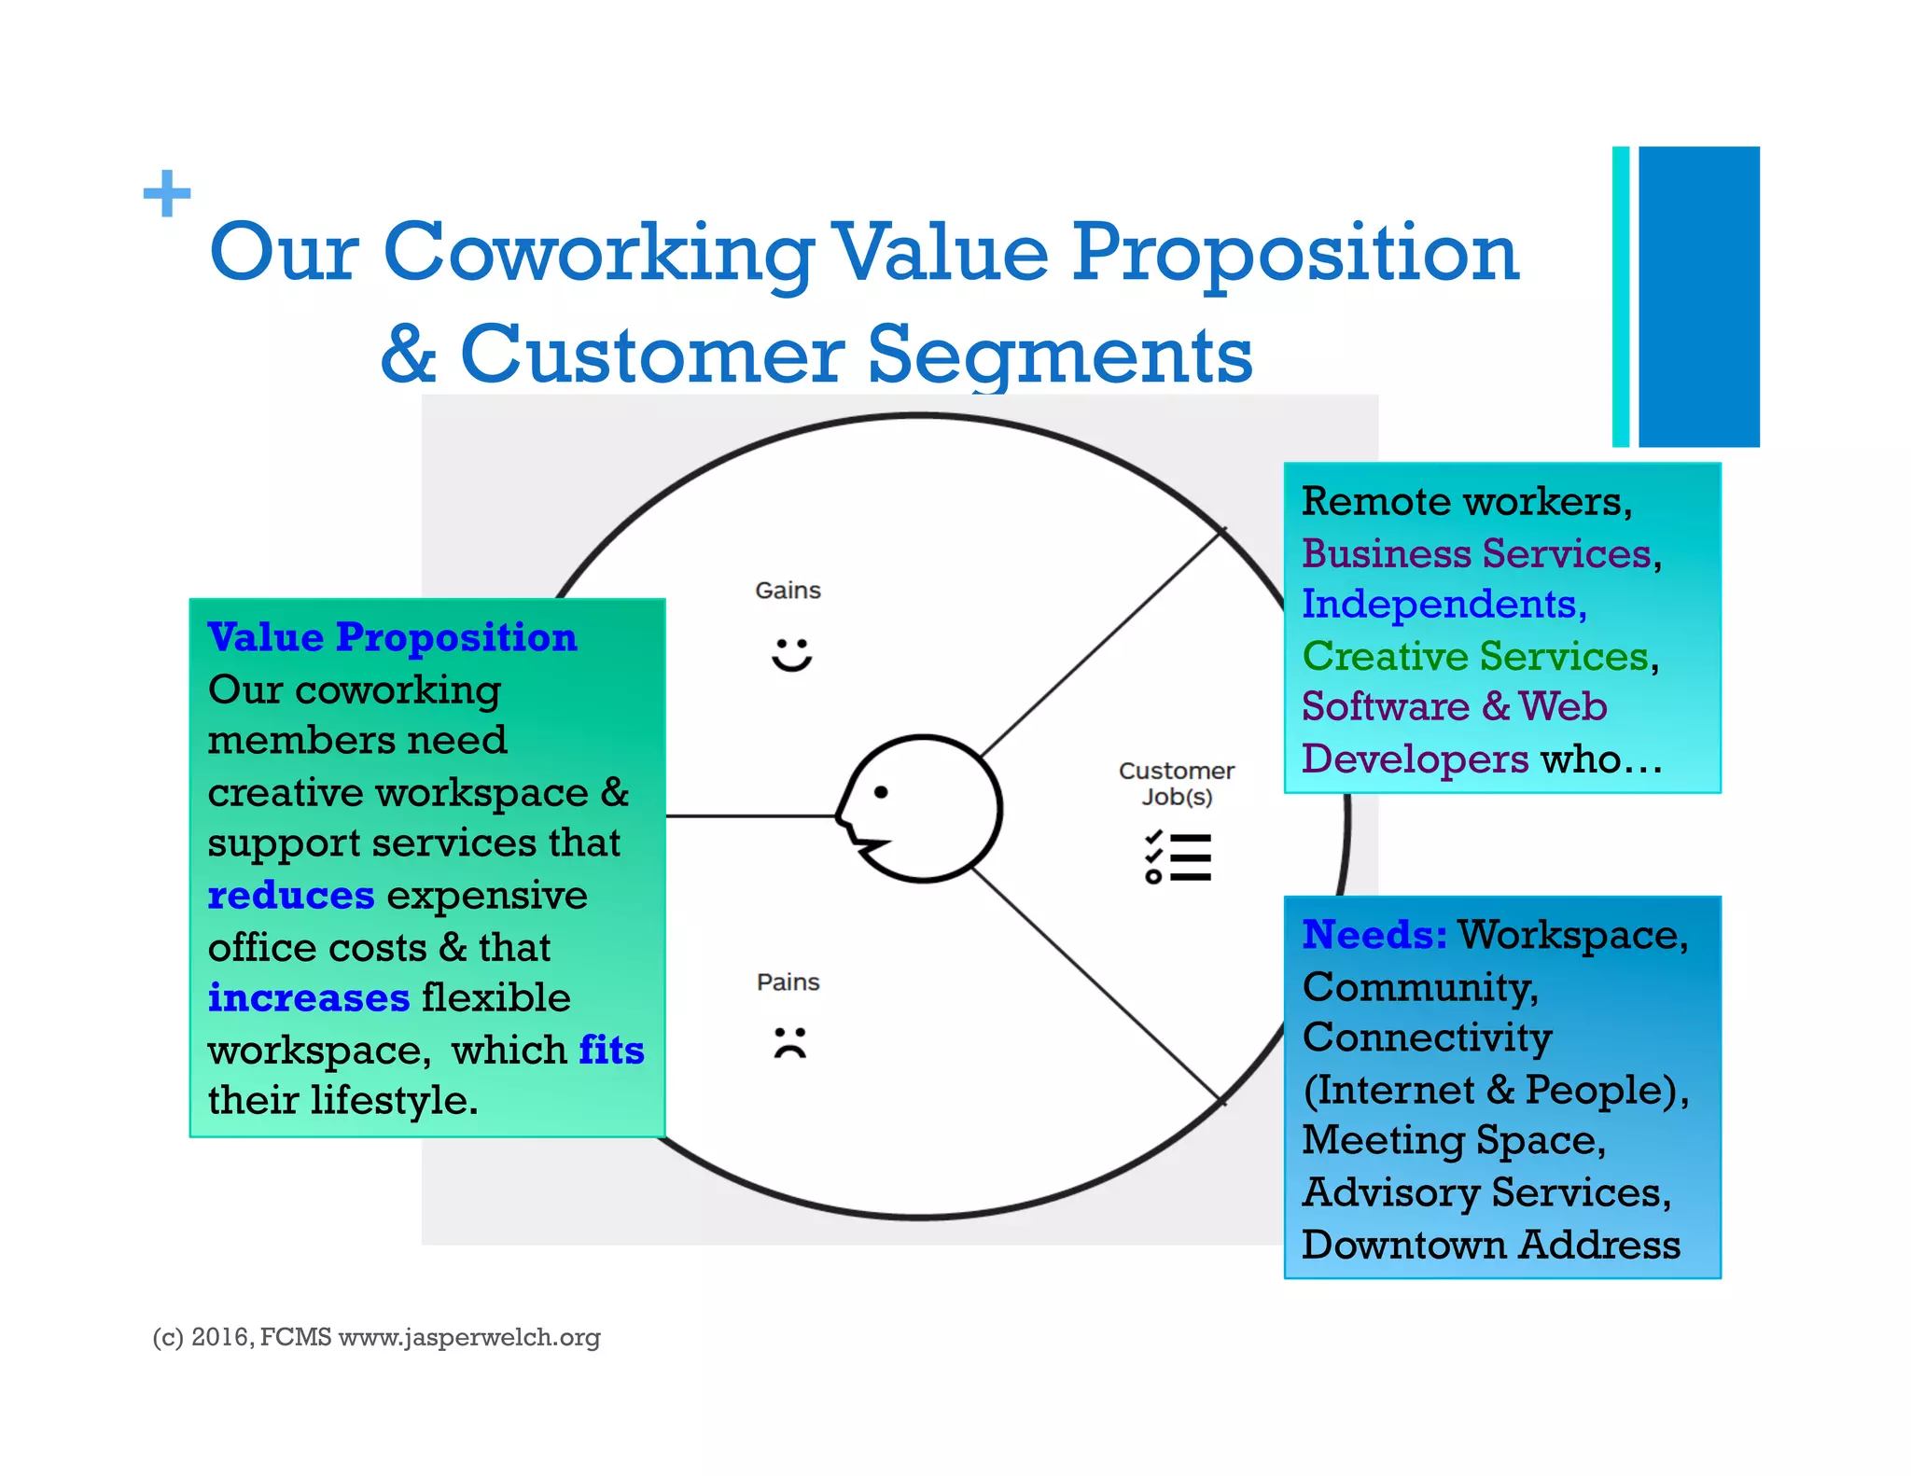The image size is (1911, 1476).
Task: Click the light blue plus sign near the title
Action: [167, 193]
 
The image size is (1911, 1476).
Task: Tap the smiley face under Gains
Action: [791, 654]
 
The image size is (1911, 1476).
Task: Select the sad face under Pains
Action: [789, 1042]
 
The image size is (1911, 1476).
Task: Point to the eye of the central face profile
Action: [880, 792]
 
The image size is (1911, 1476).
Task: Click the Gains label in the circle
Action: [788, 591]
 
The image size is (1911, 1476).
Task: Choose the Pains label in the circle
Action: [788, 982]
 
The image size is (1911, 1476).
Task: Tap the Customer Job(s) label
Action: [1176, 784]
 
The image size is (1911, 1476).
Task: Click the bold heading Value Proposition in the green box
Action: [392, 637]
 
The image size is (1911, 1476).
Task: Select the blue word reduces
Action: [290, 896]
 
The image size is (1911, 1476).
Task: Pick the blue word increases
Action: [308, 998]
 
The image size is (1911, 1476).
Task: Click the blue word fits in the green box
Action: [611, 1051]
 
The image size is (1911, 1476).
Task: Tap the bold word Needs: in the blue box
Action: [1374, 935]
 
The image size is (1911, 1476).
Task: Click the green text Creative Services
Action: [1475, 656]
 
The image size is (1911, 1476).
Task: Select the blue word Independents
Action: [1443, 605]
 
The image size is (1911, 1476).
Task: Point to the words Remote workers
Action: [1465, 502]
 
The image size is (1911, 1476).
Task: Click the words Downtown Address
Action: [1490, 1245]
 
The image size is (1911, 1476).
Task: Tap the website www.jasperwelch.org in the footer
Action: [468, 1338]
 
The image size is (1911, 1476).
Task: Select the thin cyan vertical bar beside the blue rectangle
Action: [1621, 296]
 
